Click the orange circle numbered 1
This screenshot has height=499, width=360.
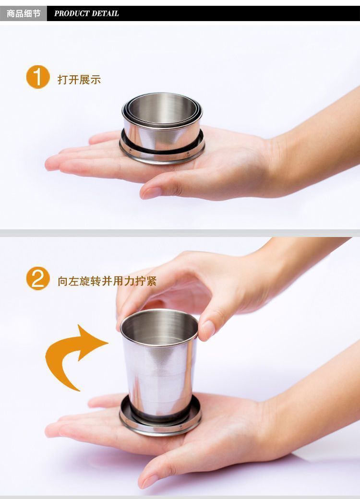pyautogui.click(x=38, y=77)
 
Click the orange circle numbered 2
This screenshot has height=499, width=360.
pyautogui.click(x=38, y=279)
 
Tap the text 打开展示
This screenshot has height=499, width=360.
pyautogui.click(x=79, y=80)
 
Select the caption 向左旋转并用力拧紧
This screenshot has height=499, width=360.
pyautogui.click(x=107, y=281)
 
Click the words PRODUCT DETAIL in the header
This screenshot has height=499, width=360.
pyautogui.click(x=86, y=13)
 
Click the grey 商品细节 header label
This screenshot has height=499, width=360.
pyautogui.click(x=23, y=13)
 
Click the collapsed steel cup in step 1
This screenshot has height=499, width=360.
pyautogui.click(x=162, y=127)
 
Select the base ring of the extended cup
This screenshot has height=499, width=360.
pyautogui.click(x=160, y=422)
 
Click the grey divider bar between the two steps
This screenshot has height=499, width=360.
pyautogui.click(x=180, y=233)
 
